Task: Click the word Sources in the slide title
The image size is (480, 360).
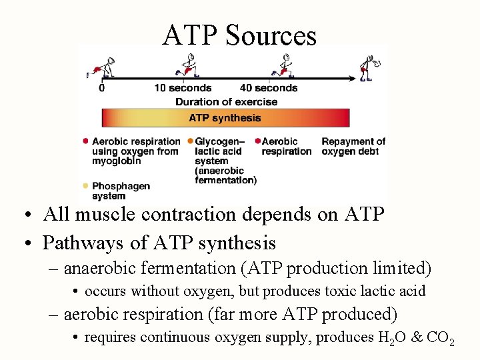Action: point(271,35)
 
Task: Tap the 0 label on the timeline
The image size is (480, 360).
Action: point(101,88)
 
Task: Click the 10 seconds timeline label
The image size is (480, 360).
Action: point(183,88)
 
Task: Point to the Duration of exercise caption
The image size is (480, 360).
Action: point(226,102)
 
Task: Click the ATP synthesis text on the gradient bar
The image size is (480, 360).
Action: point(225,118)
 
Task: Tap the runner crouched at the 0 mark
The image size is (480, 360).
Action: point(104,67)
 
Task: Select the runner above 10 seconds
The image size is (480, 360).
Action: point(188,64)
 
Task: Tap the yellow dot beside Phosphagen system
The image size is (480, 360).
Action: point(85,186)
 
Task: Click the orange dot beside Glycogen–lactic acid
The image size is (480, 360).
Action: point(190,141)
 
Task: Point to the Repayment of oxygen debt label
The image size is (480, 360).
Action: point(353,146)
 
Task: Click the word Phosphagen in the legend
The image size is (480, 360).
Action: point(121,186)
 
